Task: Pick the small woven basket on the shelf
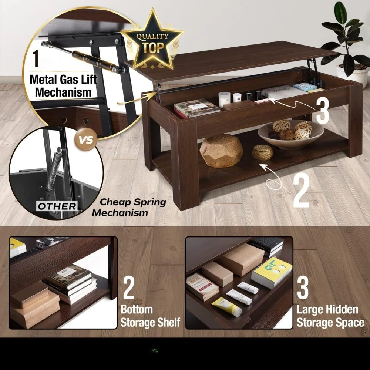262,152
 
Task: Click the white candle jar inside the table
224,99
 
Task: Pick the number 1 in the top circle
36,59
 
